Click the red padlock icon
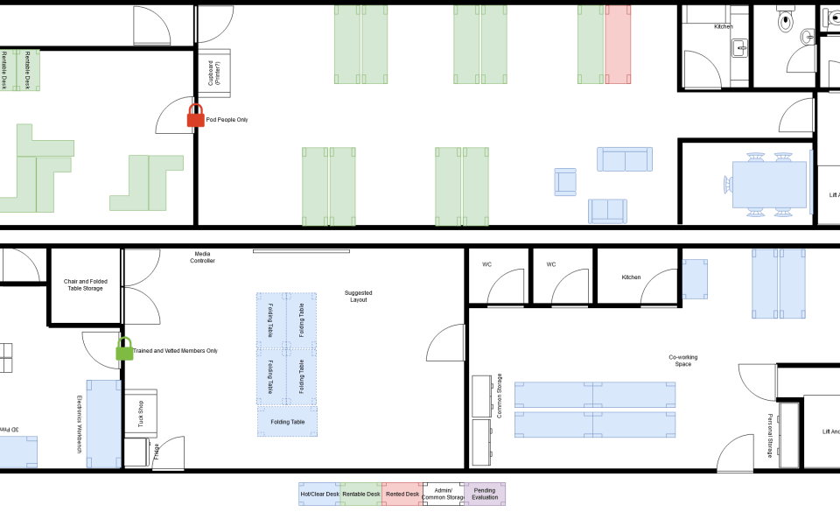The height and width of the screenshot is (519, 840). (196, 116)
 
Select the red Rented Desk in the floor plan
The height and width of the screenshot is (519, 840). (618, 44)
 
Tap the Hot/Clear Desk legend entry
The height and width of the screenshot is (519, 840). (319, 494)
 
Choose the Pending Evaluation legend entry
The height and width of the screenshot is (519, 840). (485, 494)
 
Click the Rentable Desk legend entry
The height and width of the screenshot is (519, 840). (360, 494)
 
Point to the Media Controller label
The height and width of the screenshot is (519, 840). (203, 257)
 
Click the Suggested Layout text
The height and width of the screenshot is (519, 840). (357, 296)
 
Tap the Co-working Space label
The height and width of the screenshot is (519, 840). (683, 360)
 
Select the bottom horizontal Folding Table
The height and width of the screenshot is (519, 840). (287, 422)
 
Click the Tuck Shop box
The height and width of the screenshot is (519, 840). (140, 413)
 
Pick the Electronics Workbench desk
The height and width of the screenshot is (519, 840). (103, 424)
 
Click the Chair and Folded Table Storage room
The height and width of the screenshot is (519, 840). (86, 285)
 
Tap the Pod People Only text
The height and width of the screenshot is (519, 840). (227, 120)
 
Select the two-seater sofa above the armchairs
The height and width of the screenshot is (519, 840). (625, 159)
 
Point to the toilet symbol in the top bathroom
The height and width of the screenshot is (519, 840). (784, 18)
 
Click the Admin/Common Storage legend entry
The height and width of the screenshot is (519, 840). (444, 494)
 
